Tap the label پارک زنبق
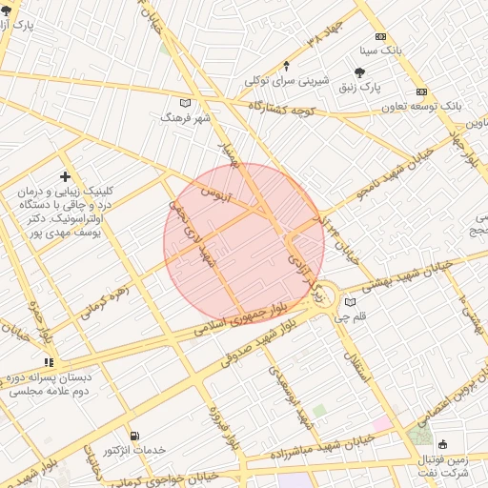pos(358,87)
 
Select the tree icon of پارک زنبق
pos(359,71)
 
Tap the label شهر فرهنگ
pos(185,117)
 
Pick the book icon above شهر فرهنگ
pos(185,103)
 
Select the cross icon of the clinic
pos(65,176)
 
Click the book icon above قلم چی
pos(350,303)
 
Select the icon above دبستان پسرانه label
pos(49,362)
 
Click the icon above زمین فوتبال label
pos(442,444)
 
